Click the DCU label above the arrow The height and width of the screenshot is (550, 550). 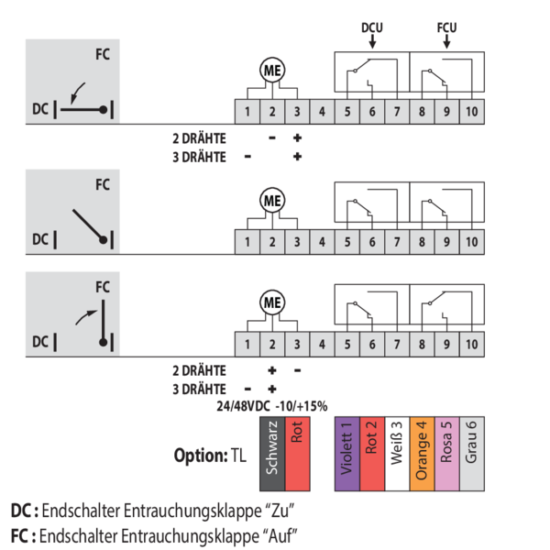pos(372,27)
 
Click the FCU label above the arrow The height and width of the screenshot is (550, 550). pos(446,27)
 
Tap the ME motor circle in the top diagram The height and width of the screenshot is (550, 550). pos(272,71)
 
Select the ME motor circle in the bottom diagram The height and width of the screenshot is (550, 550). pos(272,302)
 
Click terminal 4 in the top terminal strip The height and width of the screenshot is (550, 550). pos(322,112)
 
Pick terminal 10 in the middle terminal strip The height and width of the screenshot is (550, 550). pos(472,242)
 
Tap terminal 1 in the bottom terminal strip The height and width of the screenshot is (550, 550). pos(247,344)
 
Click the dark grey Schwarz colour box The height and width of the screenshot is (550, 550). pos(272,454)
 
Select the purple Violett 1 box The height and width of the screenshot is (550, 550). pos(347,454)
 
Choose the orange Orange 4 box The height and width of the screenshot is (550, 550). pos(422,454)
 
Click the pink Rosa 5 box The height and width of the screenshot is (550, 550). pos(447,454)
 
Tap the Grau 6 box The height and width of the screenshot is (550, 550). pos(472,454)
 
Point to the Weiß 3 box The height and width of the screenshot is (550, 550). pos(397,454)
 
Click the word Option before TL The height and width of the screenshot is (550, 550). pos(201,456)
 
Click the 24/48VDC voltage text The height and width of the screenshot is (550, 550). pos(243,406)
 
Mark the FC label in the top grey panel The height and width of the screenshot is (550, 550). pos(103,54)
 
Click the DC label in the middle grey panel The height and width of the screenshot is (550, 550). pos(40,239)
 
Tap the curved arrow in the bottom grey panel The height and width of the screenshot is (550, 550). pos(85,316)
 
